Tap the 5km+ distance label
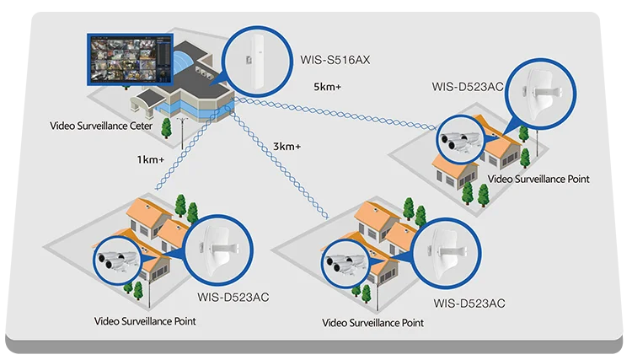pyautogui.click(x=326, y=88)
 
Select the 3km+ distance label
pyautogui.click(x=287, y=147)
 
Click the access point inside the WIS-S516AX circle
pyautogui.click(x=249, y=62)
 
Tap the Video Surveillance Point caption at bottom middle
pyautogui.click(x=373, y=323)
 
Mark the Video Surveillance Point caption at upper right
pyautogui.click(x=538, y=179)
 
